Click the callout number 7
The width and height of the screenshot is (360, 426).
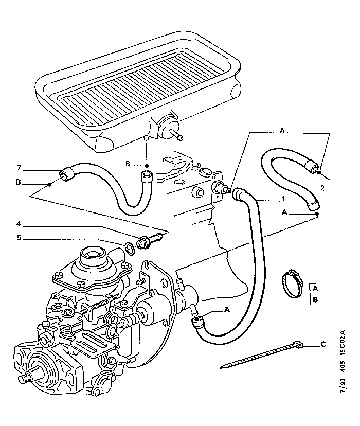pos(19,168)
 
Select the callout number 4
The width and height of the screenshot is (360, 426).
pos(19,224)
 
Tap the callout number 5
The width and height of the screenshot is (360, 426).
pos(19,238)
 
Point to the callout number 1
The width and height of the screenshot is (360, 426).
pos(283,199)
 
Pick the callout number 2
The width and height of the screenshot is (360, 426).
pos(322,188)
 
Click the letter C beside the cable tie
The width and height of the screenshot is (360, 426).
pos(323,345)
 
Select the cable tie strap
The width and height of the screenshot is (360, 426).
pos(261,355)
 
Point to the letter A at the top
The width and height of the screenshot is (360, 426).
pos(282,131)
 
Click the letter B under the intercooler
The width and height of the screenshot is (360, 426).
pos(128,164)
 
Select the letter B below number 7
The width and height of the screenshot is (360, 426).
pos(18,182)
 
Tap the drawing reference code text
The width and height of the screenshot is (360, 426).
pos(343,362)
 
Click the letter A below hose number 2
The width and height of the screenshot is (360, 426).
pos(284,212)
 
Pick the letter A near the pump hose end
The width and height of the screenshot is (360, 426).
pos(227,309)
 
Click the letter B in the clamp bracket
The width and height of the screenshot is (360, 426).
pos(315,300)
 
